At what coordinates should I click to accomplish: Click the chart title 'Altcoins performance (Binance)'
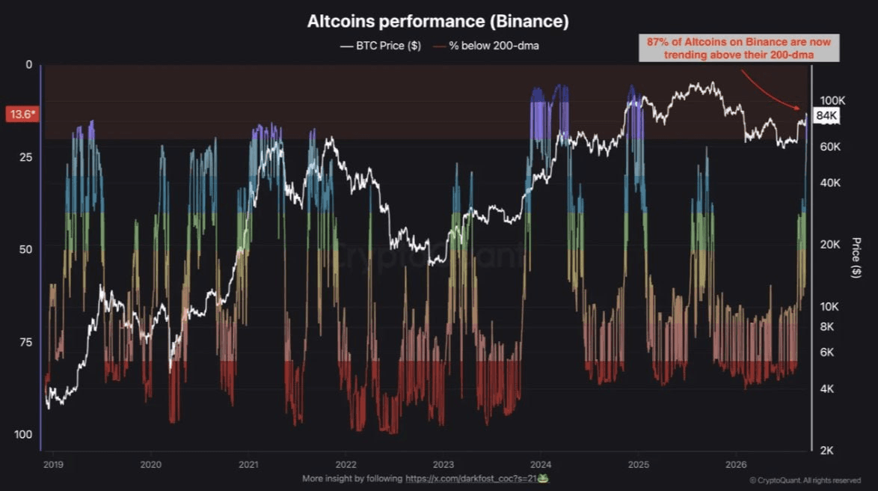pos(438,21)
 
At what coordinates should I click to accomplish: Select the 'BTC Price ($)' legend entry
pos(381,46)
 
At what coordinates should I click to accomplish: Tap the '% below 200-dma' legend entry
pos(486,46)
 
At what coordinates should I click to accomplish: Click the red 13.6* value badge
pos(22,115)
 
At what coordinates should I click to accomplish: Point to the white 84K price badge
pos(826,116)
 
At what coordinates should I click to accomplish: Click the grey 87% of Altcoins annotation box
pos(739,48)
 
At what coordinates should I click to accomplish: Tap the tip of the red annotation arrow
pos(801,109)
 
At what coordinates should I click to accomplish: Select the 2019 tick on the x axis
pos(53,465)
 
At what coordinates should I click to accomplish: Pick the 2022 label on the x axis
pos(346,465)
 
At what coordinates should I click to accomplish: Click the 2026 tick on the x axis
pos(736,465)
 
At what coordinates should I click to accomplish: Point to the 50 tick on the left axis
pos(25,249)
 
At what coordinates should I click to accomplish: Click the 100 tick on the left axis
pos(23,434)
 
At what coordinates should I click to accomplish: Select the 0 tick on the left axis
pos(29,65)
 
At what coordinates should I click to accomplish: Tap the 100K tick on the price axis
pos(832,101)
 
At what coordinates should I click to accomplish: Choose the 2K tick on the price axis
pos(826,451)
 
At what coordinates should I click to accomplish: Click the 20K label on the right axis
pos(830,245)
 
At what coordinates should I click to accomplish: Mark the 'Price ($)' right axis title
pos(856,257)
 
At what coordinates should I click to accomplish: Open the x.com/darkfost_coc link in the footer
pos(471,479)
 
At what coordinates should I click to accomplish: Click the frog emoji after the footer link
pos(543,479)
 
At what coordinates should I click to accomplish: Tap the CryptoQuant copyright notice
pos(805,481)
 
